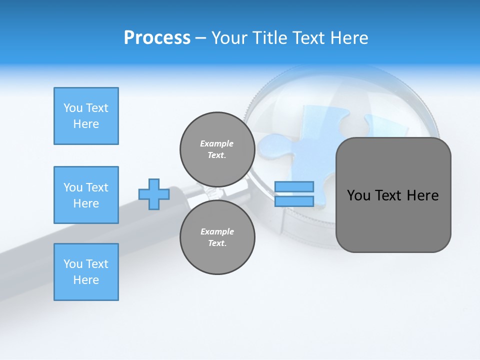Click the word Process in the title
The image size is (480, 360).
(157, 38)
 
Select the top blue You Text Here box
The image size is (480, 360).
(86, 116)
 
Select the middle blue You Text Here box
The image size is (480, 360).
(86, 195)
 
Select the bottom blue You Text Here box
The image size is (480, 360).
(86, 272)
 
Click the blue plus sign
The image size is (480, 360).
(154, 194)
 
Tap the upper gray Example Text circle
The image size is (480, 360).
(217, 149)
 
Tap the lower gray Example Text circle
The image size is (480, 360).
(217, 237)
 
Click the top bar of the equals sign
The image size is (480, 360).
(294, 186)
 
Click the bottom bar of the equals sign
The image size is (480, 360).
(294, 201)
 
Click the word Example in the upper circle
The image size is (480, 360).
(217, 143)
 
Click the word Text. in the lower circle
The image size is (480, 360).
(217, 243)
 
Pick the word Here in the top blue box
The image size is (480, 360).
(86, 124)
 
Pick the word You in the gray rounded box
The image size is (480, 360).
(359, 195)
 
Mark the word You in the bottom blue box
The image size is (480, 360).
(72, 264)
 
